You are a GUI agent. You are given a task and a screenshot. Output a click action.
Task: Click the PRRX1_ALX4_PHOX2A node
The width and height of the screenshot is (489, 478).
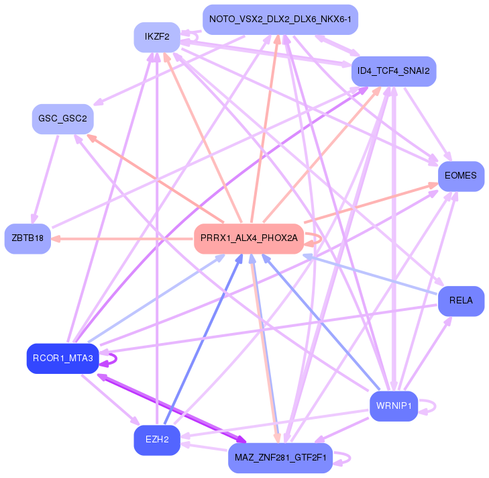pos(249,238)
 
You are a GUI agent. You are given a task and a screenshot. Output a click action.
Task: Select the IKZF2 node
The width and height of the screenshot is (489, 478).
pos(156,36)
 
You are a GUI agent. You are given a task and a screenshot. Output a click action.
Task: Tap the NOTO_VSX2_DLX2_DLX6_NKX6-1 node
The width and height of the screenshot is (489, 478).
pos(280,19)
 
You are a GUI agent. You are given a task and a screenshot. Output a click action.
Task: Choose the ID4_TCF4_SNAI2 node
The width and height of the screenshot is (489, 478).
pos(394,70)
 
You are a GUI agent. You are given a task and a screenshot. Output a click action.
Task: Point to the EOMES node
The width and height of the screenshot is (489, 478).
pos(460,176)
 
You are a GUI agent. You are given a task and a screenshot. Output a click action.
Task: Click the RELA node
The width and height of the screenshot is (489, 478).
pos(461,301)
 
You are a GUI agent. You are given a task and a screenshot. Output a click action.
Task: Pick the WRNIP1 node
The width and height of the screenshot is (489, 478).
pos(393,406)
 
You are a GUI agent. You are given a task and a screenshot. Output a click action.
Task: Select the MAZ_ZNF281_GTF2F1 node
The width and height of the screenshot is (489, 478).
pos(280,458)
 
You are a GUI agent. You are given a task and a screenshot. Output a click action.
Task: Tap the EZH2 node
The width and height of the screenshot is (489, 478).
pos(156,440)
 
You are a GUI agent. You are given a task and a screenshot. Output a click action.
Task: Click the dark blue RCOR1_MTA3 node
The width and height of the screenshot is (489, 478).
pos(63,358)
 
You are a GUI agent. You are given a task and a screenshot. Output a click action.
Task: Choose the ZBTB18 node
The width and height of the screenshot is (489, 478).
pos(28,238)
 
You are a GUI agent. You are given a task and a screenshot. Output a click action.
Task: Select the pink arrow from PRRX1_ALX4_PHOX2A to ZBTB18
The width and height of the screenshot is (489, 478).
pos(121,238)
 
